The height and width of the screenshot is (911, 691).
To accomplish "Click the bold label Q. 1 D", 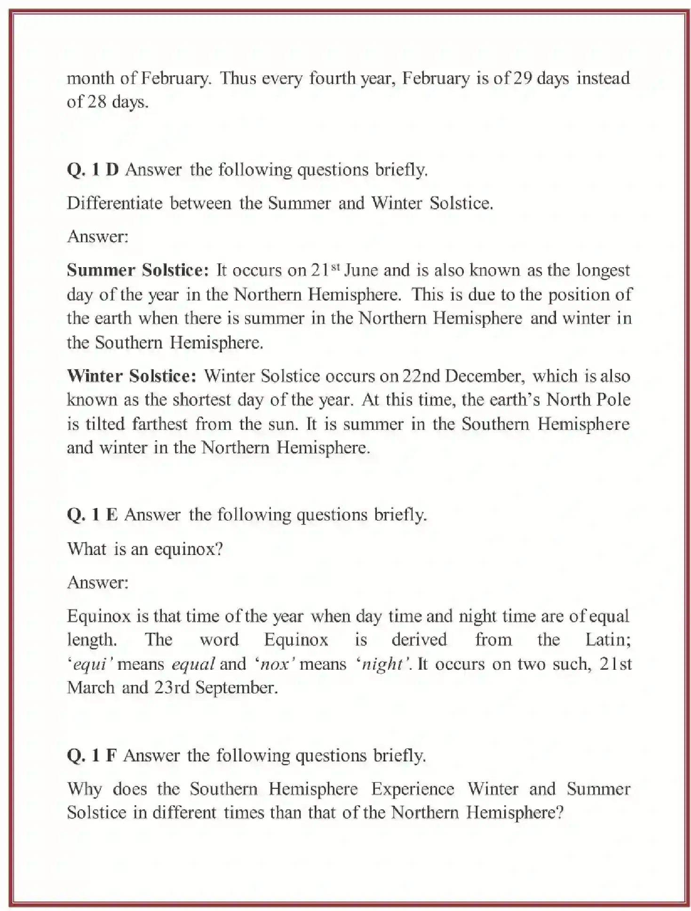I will [x=93, y=169].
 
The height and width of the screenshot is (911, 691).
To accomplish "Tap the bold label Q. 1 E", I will [x=92, y=515].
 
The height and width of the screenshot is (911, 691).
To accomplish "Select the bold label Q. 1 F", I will [x=91, y=755].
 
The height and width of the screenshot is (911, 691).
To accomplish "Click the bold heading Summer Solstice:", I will [x=137, y=270].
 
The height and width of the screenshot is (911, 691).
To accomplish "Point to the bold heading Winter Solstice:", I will [x=131, y=376].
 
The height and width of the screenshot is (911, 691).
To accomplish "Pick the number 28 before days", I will [x=96, y=102].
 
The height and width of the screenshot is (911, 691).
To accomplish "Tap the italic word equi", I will [x=90, y=664].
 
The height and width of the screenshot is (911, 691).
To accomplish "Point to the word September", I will [x=236, y=688].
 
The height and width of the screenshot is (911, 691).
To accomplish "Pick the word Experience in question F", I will [x=413, y=789].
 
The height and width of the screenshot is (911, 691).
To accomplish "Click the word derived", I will [x=419, y=640].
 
